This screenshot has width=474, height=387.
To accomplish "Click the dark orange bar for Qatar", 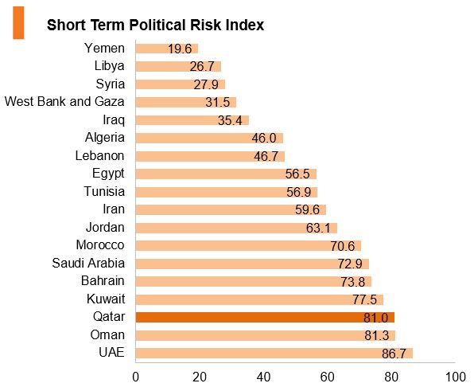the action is point(265,318).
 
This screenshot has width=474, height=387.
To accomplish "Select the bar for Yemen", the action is point(167,49).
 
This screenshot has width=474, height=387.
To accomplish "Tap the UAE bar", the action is point(274,353).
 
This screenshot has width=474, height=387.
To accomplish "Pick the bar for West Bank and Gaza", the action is point(186,102).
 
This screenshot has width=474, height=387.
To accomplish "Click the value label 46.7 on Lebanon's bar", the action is point(266,156).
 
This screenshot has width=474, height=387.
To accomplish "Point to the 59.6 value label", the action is point(307,209).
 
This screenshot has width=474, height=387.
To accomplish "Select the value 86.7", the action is point(394,354).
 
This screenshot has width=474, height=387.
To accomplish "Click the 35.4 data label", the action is point(230,120).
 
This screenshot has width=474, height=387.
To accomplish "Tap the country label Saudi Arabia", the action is point(88,263).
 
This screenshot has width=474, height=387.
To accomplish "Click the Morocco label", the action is point(100,244).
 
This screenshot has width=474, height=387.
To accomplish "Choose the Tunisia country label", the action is point(104,191).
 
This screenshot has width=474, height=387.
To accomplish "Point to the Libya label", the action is point(110,66).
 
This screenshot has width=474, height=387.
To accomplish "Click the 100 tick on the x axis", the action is point(456,377).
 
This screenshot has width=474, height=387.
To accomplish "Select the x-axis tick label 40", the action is point(263,377).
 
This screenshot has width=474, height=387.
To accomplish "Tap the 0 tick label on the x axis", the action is point(136,377).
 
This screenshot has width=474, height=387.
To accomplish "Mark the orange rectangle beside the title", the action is point(18,23).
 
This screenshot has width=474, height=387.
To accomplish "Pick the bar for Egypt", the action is point(226,174).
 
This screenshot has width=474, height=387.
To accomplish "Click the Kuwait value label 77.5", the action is point(365,300).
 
